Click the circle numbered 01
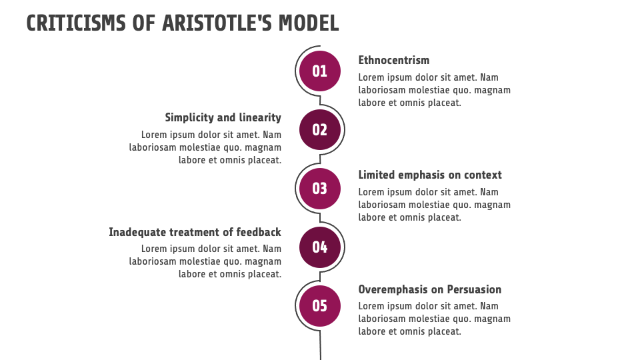tap(319, 71)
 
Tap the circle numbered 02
tap(319, 130)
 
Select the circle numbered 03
tap(319, 189)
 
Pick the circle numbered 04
tap(319, 247)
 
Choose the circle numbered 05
tap(319, 306)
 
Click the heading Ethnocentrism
tap(394, 60)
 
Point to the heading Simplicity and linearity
tap(223, 118)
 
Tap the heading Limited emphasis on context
tap(430, 175)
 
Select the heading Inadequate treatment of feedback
tap(195, 232)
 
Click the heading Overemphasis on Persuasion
tap(430, 289)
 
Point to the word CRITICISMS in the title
tap(76, 23)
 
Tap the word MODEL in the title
tap(309, 23)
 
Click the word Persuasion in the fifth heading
tap(474, 289)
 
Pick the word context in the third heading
tap(483, 175)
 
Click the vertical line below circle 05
tap(321, 345)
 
